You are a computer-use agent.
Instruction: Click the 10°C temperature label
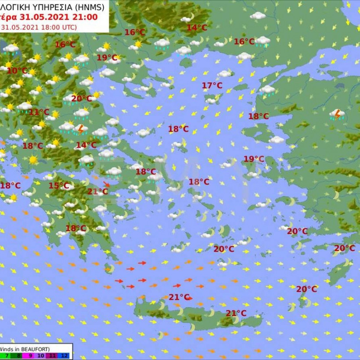(17, 71)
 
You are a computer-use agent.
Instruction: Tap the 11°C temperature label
(39, 112)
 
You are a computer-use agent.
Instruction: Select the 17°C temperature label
(212, 86)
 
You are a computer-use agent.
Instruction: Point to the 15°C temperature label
(59, 186)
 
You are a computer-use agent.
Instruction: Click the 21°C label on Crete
(236, 313)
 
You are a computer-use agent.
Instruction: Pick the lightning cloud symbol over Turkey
(337, 114)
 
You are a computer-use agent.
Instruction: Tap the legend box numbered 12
(65, 356)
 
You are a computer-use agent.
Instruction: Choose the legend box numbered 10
(41, 356)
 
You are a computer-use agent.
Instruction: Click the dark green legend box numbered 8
(18, 356)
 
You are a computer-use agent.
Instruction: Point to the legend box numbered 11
(53, 356)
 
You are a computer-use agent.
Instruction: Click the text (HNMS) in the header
(90, 7)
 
